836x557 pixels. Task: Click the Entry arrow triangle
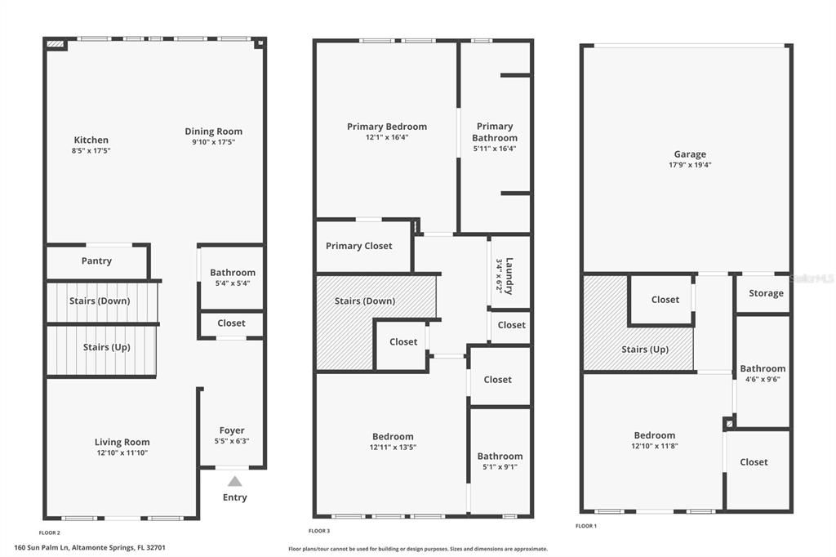point(234,481)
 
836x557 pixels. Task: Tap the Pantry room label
point(96,261)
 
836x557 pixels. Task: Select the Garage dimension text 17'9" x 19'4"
point(690,165)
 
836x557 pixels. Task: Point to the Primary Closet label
point(359,246)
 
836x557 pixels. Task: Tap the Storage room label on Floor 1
point(766,293)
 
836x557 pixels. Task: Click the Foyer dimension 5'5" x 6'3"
point(232,441)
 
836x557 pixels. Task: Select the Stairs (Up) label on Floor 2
point(107,347)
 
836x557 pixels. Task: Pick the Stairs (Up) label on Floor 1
point(646,350)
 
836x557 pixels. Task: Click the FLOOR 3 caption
point(320,531)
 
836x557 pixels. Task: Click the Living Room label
point(122,442)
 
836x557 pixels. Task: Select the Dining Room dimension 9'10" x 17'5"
point(213,142)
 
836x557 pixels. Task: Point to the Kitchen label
point(91,140)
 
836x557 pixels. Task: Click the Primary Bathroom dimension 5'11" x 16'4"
point(495,149)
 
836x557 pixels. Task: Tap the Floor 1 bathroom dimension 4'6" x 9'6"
point(763,379)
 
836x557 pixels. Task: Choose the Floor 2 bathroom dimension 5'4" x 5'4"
point(232,283)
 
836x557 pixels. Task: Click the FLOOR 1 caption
point(586,526)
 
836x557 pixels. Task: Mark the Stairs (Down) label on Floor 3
point(365,301)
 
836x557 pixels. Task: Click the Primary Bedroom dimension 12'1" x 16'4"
point(387,137)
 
